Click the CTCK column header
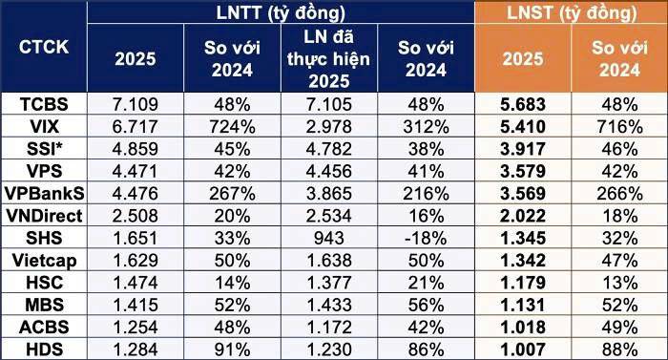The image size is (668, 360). pyautogui.click(x=43, y=47)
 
